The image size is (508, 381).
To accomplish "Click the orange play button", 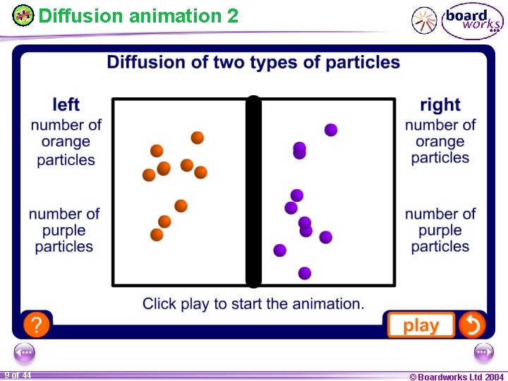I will [421, 325].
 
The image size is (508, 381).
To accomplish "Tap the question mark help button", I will [36, 325].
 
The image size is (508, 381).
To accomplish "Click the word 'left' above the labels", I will [66, 105].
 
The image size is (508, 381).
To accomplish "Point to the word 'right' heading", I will [440, 105].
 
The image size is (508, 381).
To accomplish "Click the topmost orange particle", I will [198, 137].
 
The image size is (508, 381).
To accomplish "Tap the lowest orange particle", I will [157, 234].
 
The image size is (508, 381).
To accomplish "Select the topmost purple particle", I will [331, 130].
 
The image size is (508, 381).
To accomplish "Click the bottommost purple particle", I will [305, 273].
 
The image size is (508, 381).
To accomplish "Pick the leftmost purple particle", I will [280, 250].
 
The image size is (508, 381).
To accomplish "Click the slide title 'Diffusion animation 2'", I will [138, 16].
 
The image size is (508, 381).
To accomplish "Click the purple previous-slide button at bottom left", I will [24, 352].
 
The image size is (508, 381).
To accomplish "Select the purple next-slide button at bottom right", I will [484, 352].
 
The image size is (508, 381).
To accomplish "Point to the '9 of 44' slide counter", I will [17, 375].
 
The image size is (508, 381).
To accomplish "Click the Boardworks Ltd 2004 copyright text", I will [456, 376].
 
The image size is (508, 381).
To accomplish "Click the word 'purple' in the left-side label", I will [64, 230].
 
